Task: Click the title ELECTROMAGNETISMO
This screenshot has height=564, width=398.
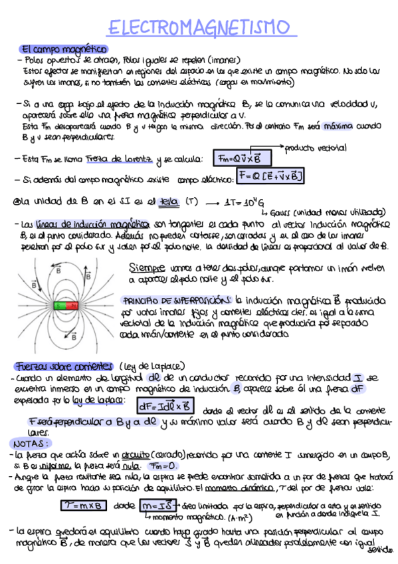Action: (x=199, y=29)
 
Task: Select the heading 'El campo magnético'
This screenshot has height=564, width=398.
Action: (x=64, y=49)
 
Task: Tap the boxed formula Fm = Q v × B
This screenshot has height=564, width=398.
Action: (x=240, y=158)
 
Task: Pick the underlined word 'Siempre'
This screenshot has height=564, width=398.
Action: (x=149, y=267)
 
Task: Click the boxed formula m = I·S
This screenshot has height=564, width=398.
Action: (x=161, y=506)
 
